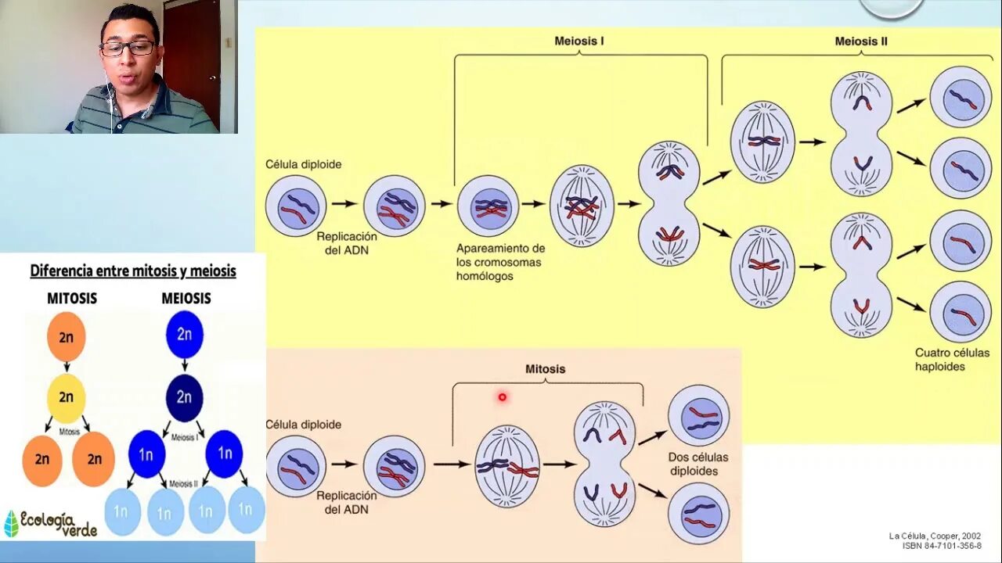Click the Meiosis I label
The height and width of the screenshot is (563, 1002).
579,41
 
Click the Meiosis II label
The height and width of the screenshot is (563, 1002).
860,41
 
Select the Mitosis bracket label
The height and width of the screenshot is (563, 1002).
545,369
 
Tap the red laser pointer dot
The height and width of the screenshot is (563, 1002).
502,397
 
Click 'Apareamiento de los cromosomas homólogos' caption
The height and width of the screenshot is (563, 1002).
500,262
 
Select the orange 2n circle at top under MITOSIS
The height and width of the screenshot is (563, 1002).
66,335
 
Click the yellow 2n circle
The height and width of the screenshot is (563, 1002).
66,397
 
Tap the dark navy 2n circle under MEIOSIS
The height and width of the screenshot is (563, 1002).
184,397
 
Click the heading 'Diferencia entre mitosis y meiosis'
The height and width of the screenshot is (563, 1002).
133,271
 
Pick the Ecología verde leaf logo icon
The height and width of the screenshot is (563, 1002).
11,524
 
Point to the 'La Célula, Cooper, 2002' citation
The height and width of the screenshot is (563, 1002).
935,536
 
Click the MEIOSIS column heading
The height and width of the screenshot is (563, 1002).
186,298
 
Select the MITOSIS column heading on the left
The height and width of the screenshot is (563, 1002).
72,298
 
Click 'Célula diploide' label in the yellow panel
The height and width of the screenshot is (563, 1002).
303,165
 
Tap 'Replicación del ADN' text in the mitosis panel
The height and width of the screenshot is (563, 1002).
346,503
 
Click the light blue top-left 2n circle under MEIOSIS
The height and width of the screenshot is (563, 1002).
184,334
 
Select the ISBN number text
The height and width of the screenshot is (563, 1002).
941,546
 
